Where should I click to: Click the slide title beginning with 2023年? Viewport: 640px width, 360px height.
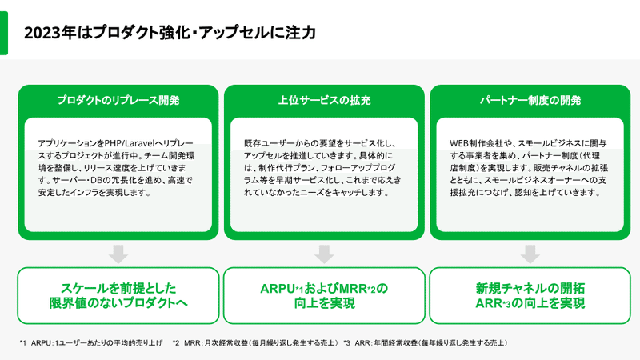coord(170,33)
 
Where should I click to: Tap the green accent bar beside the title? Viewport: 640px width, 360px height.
coord(4,33)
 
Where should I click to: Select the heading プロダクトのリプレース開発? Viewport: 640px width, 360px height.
coord(118,101)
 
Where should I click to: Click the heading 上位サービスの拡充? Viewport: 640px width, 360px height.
coord(324,101)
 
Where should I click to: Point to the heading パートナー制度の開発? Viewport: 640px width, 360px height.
coord(530,101)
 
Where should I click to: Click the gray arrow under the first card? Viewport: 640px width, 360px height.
coord(118,254)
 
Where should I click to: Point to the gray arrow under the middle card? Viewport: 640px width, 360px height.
coord(324,254)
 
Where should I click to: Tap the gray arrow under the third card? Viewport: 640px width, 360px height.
coord(530,254)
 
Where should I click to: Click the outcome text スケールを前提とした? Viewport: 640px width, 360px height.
coord(118,288)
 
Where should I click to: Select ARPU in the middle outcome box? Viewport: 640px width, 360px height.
coord(277,289)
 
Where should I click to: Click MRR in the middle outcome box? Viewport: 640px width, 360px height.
coord(353,289)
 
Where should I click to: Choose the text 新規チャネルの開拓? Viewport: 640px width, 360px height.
coord(530,288)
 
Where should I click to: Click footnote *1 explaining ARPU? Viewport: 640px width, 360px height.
coord(91,343)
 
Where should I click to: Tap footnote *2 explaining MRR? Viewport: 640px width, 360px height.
coord(255,343)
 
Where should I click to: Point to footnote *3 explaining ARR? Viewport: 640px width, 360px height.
coord(426,343)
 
